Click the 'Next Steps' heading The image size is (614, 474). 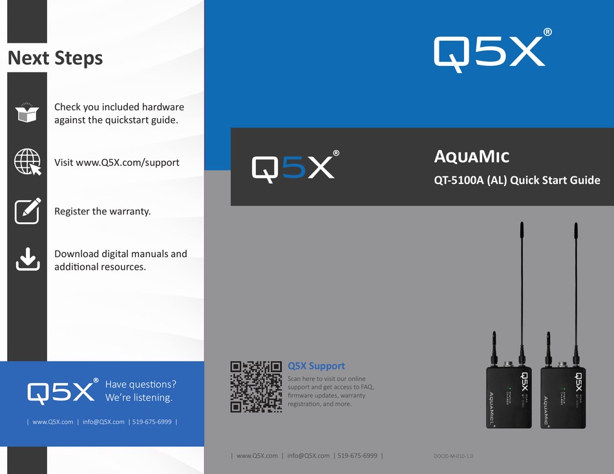click(55, 58)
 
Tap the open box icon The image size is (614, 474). click(27, 112)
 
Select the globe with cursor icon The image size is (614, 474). click(28, 161)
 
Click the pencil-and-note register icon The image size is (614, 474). click(28, 211)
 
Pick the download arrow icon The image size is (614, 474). click(28, 260)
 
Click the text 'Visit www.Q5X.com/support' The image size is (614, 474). click(116, 162)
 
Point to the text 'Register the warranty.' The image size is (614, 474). click(102, 211)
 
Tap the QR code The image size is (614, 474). click(257, 386)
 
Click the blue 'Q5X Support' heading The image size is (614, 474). click(316, 366)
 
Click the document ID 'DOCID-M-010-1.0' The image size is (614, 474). click(454, 456)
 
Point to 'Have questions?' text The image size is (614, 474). click(140, 384)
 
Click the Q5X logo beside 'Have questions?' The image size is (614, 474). click(62, 391)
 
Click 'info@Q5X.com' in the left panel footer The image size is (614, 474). click(103, 422)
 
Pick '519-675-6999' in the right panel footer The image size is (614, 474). click(357, 455)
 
